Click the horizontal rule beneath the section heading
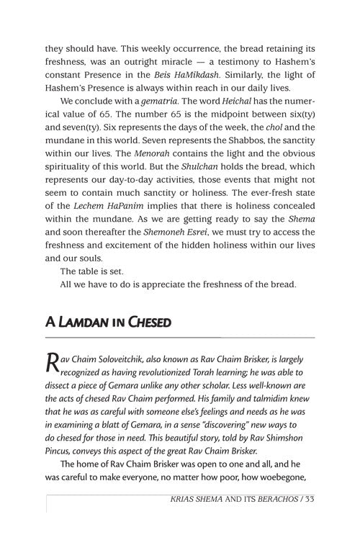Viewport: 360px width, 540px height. click(180, 337)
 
